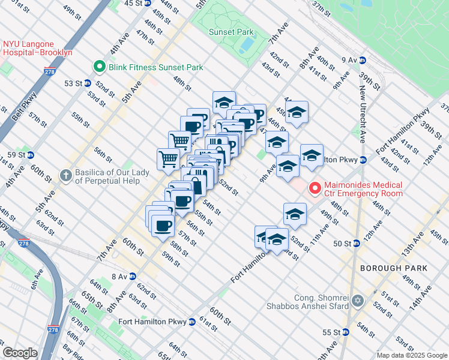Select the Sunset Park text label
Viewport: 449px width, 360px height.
click(x=231, y=32)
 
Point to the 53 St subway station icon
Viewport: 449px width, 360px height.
click(x=87, y=83)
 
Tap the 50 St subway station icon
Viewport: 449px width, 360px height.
click(x=355, y=243)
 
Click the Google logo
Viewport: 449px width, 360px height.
click(x=20, y=353)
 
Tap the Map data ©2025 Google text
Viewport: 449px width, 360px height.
click(x=411, y=355)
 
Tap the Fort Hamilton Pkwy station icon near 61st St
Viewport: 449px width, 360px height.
click(x=191, y=321)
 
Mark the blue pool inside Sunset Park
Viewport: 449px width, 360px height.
click(x=246, y=45)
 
